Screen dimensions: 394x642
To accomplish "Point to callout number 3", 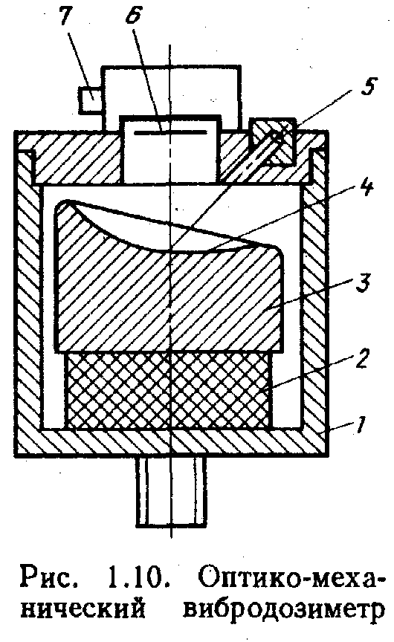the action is (x=363, y=284).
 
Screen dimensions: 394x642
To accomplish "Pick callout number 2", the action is (x=363, y=358).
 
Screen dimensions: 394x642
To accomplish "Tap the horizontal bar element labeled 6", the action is (x=171, y=132).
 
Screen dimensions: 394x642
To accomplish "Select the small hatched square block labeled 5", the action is (x=273, y=142).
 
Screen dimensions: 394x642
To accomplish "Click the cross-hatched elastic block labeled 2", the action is (x=168, y=390).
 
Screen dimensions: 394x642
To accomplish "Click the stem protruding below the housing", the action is (x=170, y=490).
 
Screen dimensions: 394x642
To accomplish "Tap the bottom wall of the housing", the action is (x=172, y=442).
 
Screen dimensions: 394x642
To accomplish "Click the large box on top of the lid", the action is (x=171, y=97).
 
